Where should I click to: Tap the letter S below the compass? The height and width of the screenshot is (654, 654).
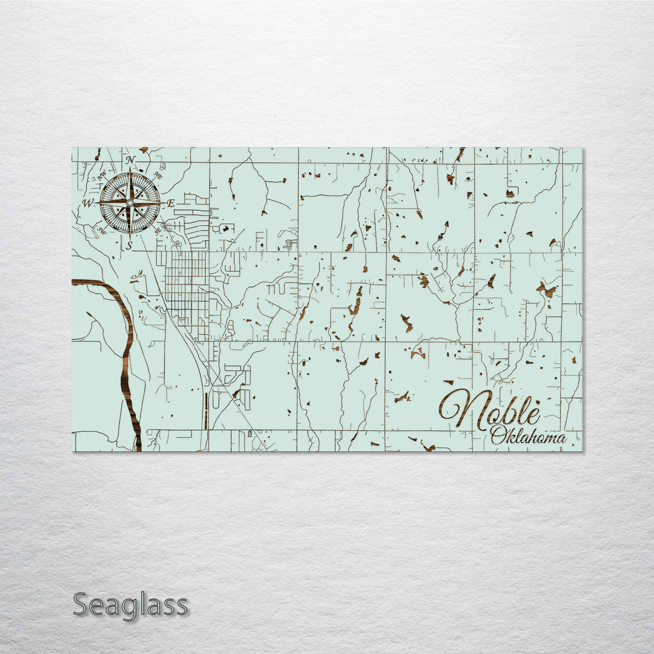(129, 245)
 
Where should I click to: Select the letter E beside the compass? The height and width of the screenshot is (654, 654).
(171, 203)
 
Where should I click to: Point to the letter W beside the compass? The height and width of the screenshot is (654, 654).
(88, 203)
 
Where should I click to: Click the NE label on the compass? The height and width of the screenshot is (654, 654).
(158, 175)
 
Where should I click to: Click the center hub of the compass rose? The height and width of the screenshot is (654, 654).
(130, 203)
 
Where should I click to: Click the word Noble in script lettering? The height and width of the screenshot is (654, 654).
(490, 411)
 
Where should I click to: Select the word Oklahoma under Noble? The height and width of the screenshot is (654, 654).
(528, 436)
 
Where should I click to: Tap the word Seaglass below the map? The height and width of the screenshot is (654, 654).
(130, 605)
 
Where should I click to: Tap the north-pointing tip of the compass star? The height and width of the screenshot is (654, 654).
(130, 173)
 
